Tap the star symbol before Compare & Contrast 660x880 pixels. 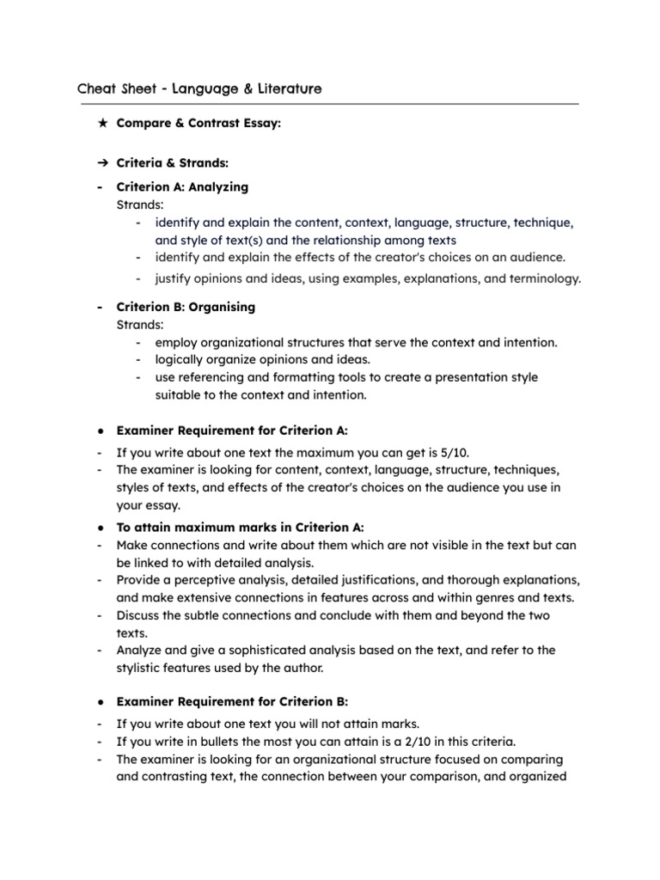tap(102, 124)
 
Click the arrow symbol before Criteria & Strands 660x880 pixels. tap(102, 163)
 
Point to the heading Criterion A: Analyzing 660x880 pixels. tap(182, 186)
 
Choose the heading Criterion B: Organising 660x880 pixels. tap(186, 307)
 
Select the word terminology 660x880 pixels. tap(544, 278)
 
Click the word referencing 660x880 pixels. tap(211, 377)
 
